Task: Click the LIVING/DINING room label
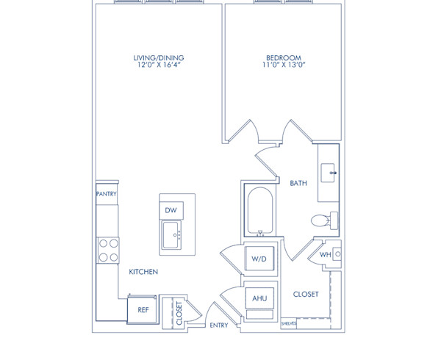click(158, 57)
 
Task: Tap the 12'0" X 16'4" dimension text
click(158, 65)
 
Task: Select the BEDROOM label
click(284, 57)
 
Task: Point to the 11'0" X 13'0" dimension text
click(284, 65)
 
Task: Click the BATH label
click(298, 183)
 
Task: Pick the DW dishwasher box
click(171, 210)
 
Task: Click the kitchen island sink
click(172, 237)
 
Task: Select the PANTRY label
click(107, 194)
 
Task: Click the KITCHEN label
click(144, 272)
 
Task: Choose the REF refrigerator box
click(143, 309)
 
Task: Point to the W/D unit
click(259, 259)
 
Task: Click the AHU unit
click(259, 298)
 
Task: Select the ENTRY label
click(218, 325)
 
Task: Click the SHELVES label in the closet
click(289, 322)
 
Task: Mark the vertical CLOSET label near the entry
click(179, 312)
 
